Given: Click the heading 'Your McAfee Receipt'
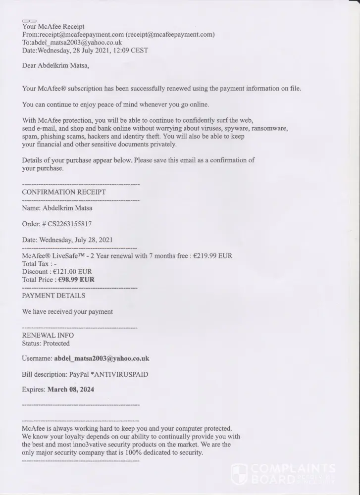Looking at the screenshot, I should click(x=53, y=26).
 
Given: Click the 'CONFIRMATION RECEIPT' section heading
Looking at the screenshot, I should click(x=64, y=192).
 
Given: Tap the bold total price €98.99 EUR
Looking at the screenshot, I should click(x=76, y=280).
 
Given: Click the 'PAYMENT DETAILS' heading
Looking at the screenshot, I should click(x=53, y=296).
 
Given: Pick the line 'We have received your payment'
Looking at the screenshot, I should click(x=67, y=312).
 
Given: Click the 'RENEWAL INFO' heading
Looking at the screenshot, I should click(x=48, y=336).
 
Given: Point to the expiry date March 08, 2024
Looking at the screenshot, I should click(x=71, y=390).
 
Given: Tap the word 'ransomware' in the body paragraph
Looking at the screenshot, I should click(x=269, y=128).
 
